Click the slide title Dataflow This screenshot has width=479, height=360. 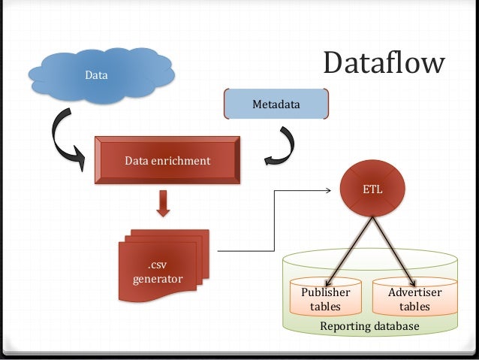point(384,64)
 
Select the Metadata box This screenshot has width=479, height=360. point(276,104)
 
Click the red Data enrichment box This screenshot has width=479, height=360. point(167,161)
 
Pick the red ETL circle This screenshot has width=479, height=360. point(373,189)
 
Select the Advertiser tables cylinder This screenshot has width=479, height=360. point(414,298)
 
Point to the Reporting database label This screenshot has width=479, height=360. point(369,326)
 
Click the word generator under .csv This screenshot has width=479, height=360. point(158,280)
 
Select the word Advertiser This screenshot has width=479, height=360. point(414,292)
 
